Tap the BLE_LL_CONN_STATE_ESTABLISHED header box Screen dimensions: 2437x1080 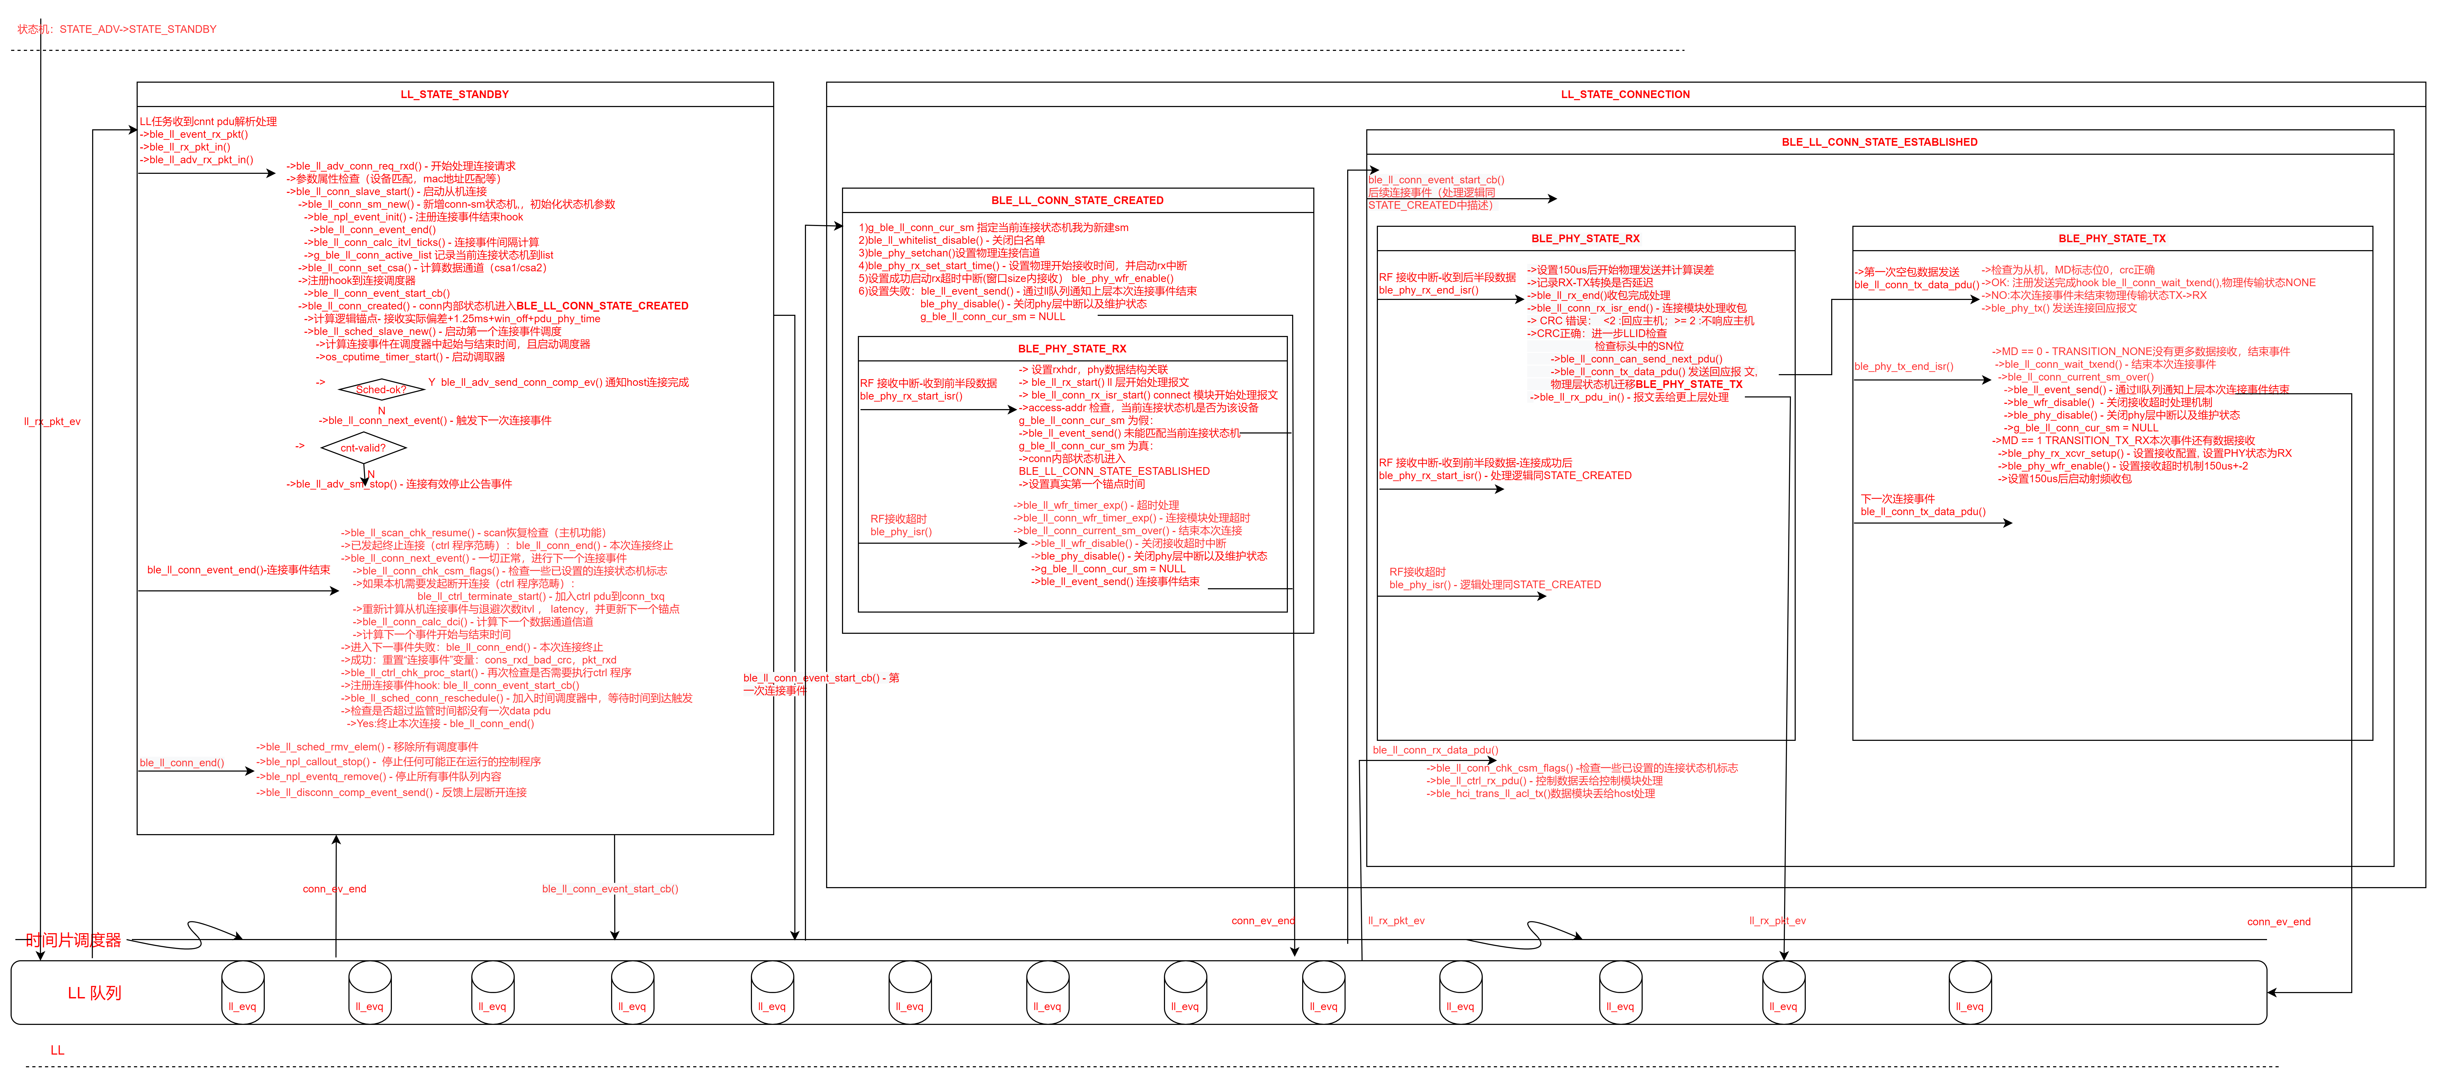tap(1879, 142)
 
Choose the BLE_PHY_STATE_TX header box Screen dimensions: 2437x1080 tap(2112, 238)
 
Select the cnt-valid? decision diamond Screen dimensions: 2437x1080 tap(363, 448)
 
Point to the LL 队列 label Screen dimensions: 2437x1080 tap(95, 993)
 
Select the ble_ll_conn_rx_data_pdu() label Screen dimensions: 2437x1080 tap(1435, 750)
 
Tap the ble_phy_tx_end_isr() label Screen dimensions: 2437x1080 tap(1903, 366)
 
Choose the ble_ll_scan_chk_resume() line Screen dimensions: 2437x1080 tap(473, 533)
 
